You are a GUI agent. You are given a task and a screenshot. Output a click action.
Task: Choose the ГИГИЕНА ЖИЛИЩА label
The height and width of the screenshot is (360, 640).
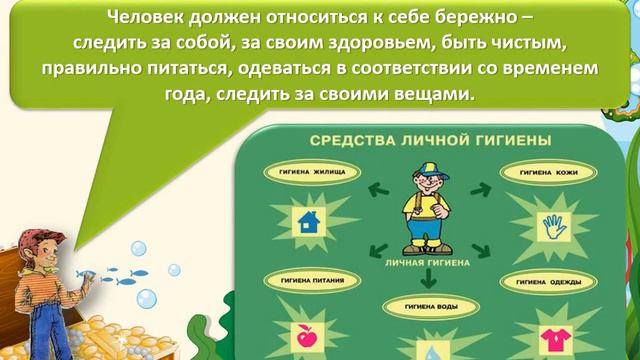[305, 172]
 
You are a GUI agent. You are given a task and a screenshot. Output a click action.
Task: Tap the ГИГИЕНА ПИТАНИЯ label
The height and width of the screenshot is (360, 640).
[302, 283]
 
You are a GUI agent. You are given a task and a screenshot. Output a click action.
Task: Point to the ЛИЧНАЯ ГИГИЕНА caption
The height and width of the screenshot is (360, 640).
[420, 264]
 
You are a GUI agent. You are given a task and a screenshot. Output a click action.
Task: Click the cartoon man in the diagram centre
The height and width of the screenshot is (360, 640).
[422, 212]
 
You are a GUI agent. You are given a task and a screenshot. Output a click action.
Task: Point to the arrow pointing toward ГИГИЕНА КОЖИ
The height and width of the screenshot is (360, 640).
[480, 187]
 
